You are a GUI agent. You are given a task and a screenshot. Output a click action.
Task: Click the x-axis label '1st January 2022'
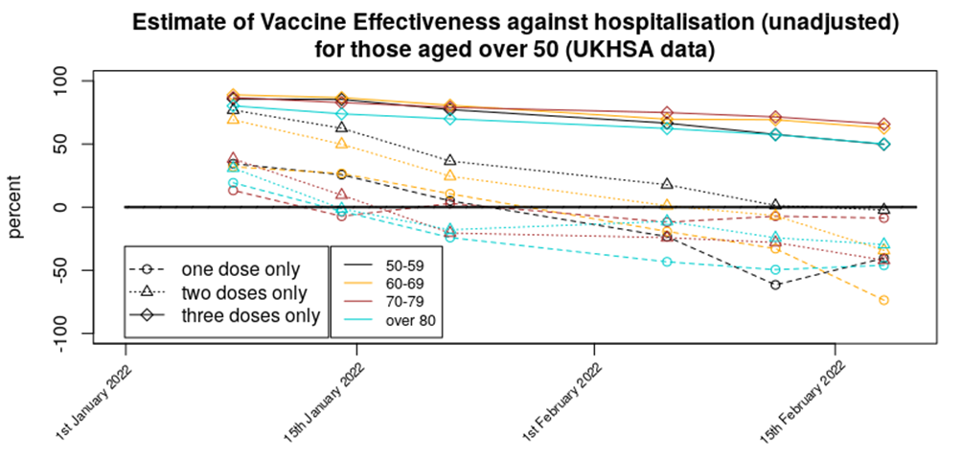click(92, 404)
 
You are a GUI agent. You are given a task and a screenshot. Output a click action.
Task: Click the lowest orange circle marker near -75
click(883, 300)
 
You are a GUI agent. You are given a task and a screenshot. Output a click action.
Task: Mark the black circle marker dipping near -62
click(775, 285)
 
